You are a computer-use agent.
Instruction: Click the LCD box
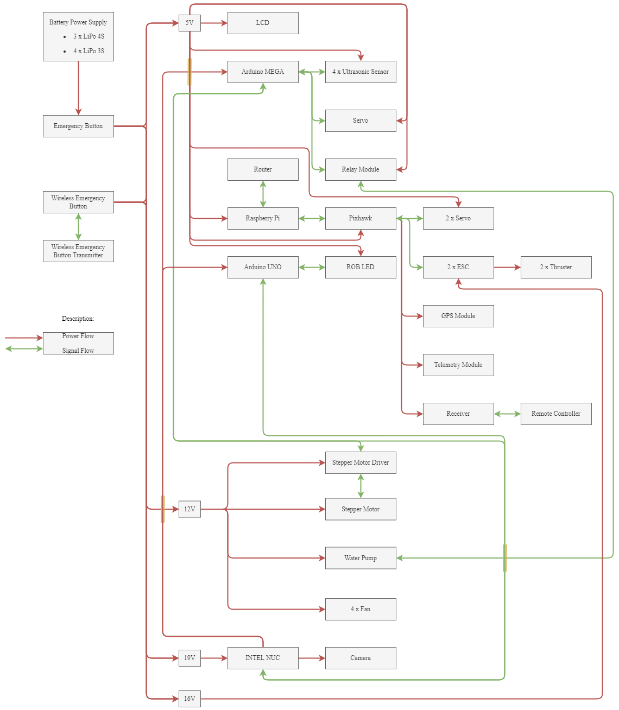click(263, 23)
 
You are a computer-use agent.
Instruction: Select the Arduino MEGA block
click(263, 72)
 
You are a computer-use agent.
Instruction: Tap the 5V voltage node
click(190, 23)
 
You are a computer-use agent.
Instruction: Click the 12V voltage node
click(190, 509)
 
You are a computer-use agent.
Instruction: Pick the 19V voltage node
click(190, 658)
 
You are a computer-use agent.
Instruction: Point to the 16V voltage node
click(190, 699)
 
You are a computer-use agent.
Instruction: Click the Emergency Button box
click(78, 126)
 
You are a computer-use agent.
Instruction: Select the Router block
click(263, 169)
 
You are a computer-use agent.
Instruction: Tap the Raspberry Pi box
click(263, 218)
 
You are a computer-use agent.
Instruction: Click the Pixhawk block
click(361, 218)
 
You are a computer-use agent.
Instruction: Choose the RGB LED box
click(361, 267)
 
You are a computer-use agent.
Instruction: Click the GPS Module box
click(458, 316)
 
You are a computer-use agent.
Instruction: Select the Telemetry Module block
click(458, 365)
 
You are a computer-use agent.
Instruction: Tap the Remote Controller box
click(556, 414)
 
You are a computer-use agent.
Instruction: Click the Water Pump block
click(361, 558)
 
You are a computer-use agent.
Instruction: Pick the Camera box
click(361, 658)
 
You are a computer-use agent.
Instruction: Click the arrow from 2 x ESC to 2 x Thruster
click(507, 267)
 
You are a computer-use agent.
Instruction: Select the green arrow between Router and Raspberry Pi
click(263, 194)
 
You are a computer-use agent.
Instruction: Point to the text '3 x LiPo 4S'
click(89, 36)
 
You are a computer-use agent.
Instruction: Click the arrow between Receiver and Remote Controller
click(507, 414)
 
